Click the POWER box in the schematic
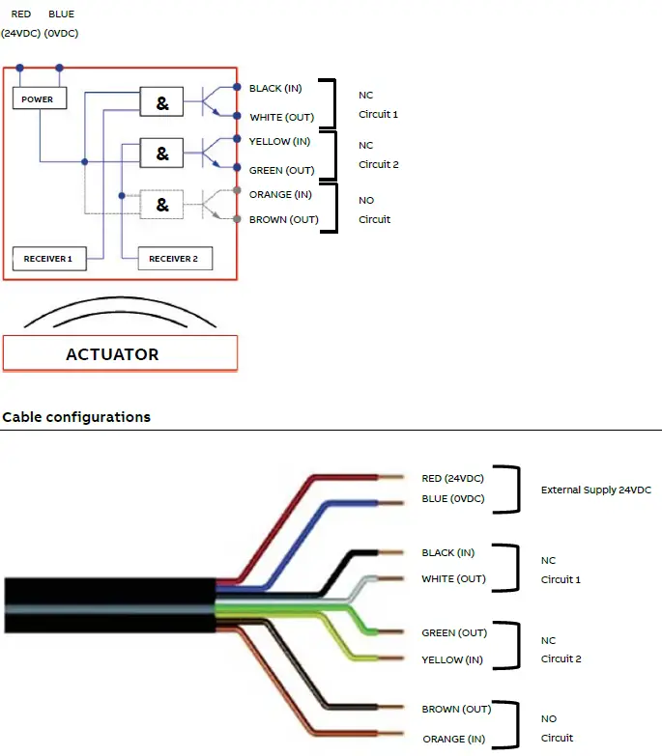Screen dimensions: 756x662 click(38, 99)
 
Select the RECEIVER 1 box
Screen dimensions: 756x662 click(47, 259)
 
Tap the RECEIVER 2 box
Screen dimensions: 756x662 click(174, 259)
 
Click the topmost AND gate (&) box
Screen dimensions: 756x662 click(162, 102)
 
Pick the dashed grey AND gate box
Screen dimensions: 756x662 click(162, 205)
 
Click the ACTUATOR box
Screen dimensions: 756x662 click(112, 354)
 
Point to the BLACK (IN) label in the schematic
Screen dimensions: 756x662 click(275, 89)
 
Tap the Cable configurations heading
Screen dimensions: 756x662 click(76, 417)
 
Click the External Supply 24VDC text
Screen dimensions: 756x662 click(595, 490)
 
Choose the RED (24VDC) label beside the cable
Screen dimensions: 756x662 click(452, 479)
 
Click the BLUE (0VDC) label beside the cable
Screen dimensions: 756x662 click(452, 499)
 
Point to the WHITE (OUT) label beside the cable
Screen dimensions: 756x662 click(453, 579)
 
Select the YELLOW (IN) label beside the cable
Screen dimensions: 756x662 click(453, 660)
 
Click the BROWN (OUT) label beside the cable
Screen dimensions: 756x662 click(456, 709)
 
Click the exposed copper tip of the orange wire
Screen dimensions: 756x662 click(390, 739)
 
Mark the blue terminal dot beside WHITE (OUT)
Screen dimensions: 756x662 click(237, 117)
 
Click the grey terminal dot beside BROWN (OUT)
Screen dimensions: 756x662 click(237, 219)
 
